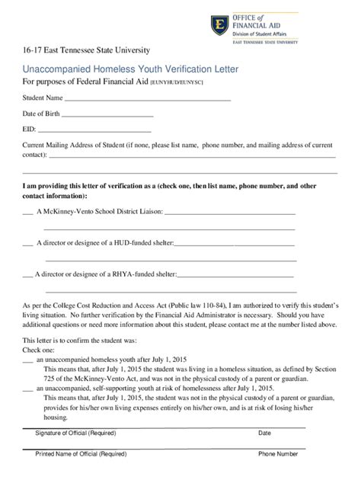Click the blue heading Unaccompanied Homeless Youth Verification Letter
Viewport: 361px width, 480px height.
[x=130, y=69]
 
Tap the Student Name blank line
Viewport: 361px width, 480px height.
[x=148, y=99]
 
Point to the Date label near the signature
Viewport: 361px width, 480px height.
[x=264, y=433]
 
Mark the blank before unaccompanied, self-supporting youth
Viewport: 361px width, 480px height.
[x=27, y=387]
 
